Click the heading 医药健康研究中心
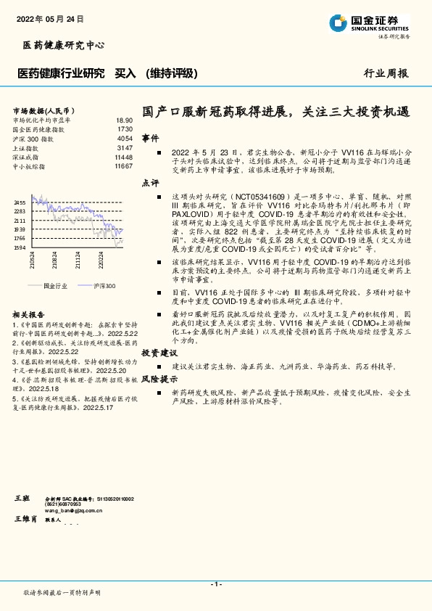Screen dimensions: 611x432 click(x=64, y=45)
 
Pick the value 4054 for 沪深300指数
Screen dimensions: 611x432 click(x=125, y=138)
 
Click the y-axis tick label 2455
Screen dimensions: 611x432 click(x=20, y=202)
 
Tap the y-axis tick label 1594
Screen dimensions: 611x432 click(x=20, y=247)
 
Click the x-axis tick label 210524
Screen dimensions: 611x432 click(x=33, y=259)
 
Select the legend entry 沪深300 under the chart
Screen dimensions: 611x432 click(x=104, y=287)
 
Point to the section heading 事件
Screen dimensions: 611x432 click(x=150, y=137)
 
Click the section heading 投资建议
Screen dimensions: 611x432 click(x=159, y=352)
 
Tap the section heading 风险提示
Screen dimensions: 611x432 click(x=159, y=379)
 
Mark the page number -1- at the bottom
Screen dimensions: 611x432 click(x=215, y=584)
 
